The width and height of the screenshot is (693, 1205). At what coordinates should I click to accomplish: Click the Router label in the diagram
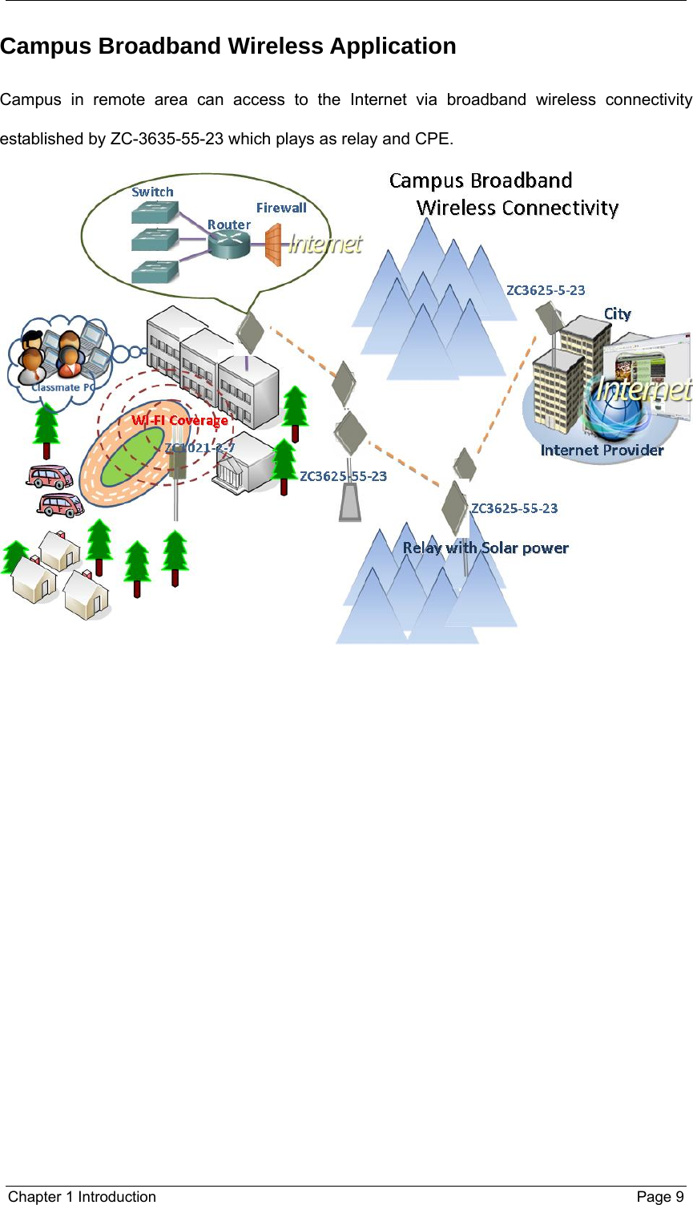(229, 225)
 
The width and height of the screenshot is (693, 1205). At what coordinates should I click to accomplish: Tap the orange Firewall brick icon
(273, 245)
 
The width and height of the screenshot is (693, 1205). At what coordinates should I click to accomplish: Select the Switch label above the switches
(152, 192)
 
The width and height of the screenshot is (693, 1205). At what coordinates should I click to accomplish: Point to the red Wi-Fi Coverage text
(180, 420)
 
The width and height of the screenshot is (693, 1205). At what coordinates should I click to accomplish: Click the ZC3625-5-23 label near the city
(546, 290)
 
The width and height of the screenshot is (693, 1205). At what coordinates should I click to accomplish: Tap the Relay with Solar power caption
(486, 548)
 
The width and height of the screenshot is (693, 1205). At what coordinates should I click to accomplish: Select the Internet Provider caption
(602, 451)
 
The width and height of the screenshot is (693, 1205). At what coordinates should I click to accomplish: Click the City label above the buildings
(617, 314)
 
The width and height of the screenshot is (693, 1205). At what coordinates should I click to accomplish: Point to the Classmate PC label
(62, 387)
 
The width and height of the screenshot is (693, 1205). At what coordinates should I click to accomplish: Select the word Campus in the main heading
(46, 47)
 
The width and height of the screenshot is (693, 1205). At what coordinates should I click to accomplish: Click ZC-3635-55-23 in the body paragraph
(167, 139)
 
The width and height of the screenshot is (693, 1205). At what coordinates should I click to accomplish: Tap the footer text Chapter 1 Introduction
(82, 1197)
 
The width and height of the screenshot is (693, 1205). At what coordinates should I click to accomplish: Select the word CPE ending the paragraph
(433, 139)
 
